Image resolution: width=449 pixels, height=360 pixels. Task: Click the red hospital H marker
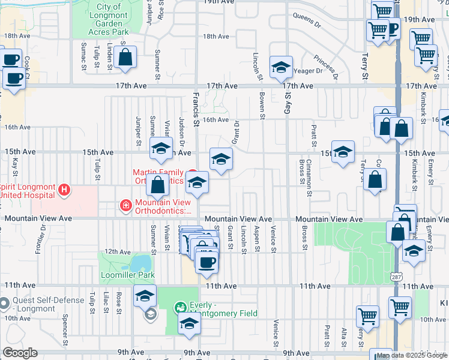(x=64, y=190)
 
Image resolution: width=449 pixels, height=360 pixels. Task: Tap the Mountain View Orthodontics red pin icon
(x=126, y=206)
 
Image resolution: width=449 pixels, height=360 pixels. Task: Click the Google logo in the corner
(x=20, y=353)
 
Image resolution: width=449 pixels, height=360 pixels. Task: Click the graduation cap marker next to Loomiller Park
(x=145, y=296)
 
